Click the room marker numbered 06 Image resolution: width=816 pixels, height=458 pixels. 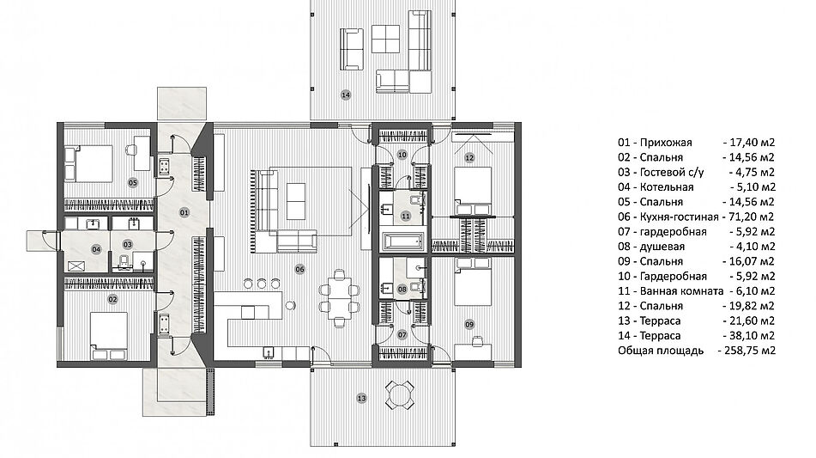coord(299,269)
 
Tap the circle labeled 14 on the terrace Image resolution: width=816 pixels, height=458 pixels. coord(346,95)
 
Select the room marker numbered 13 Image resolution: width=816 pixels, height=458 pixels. coord(362,398)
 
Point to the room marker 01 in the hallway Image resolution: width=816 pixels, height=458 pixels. coord(184,212)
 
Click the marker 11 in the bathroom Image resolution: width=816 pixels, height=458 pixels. coord(406,216)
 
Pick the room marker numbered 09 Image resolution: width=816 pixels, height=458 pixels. coord(469,325)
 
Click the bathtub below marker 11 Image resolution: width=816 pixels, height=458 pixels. coord(403,241)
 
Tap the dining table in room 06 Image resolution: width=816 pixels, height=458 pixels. coord(340,297)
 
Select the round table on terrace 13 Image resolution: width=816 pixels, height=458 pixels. coord(399,394)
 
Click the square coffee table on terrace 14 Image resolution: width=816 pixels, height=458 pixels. coord(385,39)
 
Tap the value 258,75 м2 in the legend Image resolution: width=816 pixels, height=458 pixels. coord(746,350)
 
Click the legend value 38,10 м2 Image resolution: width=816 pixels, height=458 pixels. coord(752,336)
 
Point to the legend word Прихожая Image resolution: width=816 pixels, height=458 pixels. coord(666,143)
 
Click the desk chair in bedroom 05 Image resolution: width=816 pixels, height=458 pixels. coord(131,150)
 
